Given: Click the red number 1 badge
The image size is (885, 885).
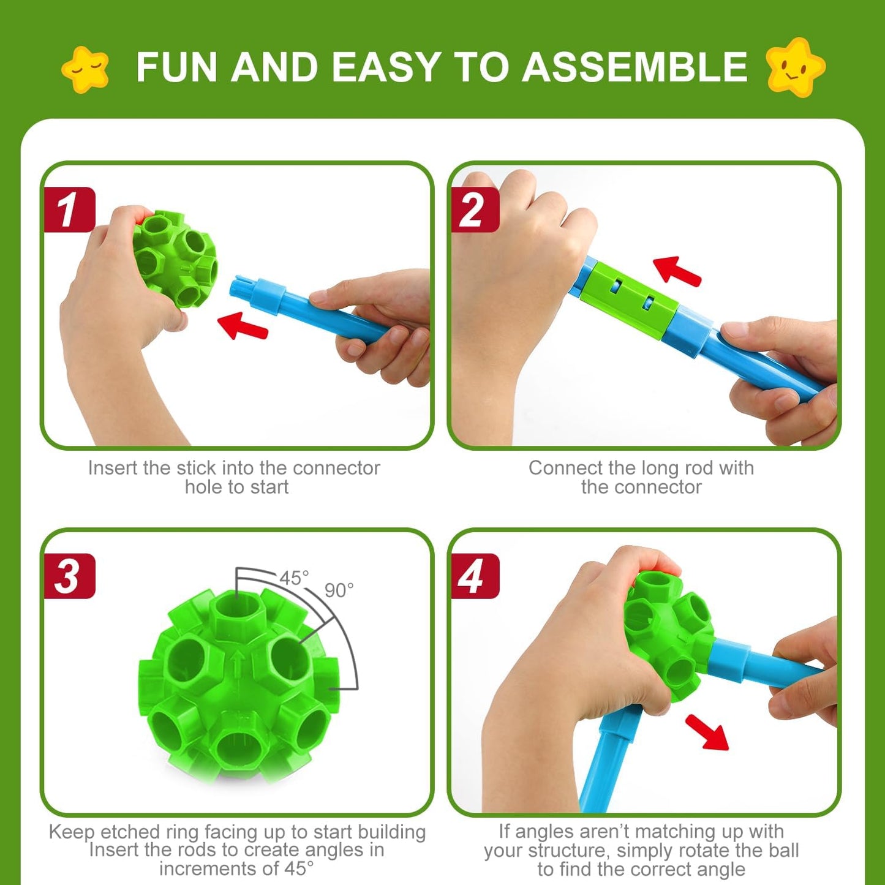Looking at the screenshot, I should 69,209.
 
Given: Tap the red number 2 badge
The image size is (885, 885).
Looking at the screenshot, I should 475,209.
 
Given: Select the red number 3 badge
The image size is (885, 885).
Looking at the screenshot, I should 69,576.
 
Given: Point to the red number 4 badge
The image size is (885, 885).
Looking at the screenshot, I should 475,576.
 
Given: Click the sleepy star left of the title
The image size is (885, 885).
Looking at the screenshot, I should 85,69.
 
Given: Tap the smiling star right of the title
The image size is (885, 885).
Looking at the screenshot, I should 795,67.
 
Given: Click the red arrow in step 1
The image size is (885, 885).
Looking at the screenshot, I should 243,326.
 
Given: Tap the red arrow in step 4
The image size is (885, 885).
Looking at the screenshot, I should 707,731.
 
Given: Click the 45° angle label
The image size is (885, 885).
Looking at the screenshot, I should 294,578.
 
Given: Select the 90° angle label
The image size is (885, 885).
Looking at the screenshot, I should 339,590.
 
